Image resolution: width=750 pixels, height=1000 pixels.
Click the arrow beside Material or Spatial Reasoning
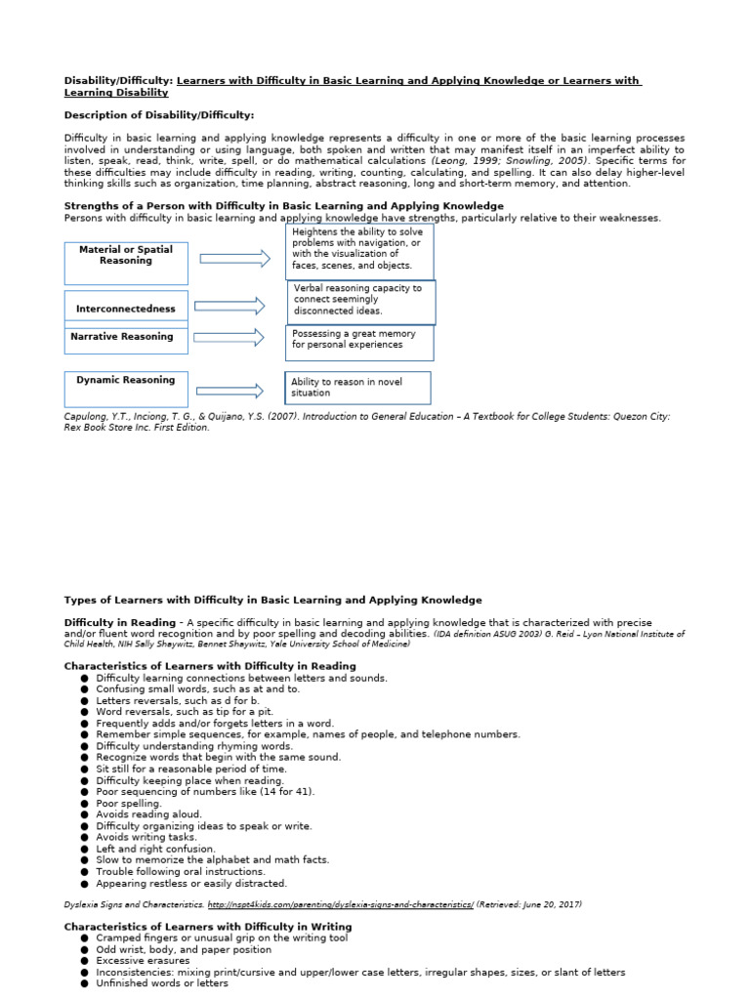coord(234,258)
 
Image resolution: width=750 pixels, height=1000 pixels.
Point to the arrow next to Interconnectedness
coord(229,307)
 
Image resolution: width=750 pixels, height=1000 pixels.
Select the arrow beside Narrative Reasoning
coord(229,338)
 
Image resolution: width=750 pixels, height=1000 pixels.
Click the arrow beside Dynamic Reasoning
coord(229,391)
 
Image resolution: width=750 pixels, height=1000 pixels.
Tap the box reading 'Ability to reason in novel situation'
coord(357,388)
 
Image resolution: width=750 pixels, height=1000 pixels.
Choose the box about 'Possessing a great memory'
coord(360,343)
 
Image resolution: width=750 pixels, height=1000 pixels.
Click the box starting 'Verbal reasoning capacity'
coord(361,302)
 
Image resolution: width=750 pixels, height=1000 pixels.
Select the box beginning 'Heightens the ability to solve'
coord(359,252)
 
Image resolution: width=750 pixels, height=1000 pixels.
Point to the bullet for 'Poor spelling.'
coord(86,804)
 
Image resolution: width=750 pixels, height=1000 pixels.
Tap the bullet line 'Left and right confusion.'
coord(157,849)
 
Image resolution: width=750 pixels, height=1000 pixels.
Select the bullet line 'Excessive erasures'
coord(143,961)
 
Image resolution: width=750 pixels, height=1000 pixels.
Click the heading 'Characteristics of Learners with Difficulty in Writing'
coord(208,926)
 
